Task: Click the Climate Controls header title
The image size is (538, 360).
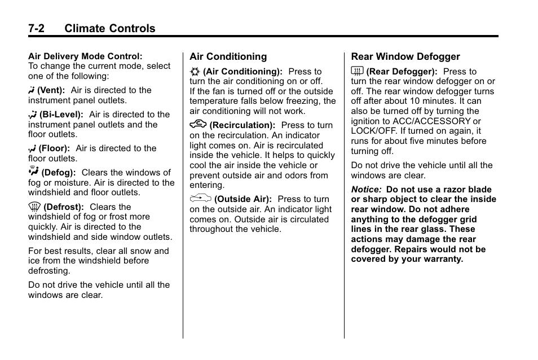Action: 109,28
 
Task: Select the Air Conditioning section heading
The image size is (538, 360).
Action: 228,56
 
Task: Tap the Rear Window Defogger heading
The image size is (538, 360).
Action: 405,56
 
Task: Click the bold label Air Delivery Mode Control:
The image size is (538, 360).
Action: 85,56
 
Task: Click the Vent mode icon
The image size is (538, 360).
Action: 32,90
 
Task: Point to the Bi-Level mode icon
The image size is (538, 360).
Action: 33,115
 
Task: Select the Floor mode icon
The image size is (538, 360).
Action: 32,148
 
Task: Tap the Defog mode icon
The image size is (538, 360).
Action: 33,171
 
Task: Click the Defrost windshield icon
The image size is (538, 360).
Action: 34,207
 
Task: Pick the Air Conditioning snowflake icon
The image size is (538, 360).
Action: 195,72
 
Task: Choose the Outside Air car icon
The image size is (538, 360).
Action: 200,198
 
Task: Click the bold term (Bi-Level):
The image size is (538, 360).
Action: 61,115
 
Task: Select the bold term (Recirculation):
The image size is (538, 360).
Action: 242,125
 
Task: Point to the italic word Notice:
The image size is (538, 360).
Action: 366,190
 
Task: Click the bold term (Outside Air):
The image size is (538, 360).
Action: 243,199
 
